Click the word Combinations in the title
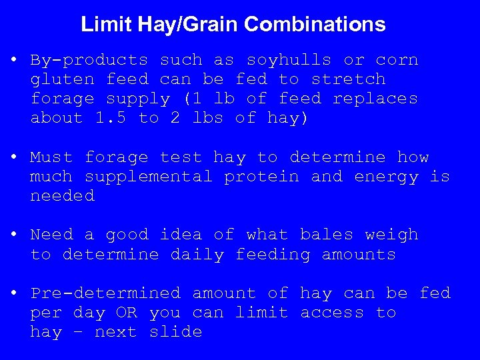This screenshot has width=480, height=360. [315, 25]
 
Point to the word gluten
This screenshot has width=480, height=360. [63, 79]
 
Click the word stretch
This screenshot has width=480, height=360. [348, 79]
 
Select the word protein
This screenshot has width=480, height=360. [261, 177]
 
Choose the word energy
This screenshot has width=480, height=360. [386, 177]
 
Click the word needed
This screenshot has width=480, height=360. [63, 196]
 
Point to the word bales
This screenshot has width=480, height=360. [327, 235]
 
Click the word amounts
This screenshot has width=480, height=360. [359, 255]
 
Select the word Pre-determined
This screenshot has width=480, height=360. [105, 293]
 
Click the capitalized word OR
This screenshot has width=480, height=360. [127, 313]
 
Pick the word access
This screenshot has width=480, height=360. [332, 313]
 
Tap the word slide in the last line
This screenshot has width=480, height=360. [175, 332]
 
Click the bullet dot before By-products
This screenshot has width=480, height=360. [14, 59]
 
